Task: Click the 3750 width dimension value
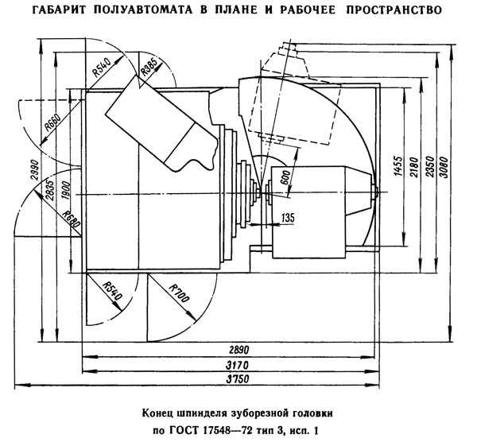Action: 238,379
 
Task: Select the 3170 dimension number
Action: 237,365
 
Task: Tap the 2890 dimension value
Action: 238,350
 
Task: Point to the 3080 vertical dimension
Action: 444,167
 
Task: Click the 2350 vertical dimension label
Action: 430,167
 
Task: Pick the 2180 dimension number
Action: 414,167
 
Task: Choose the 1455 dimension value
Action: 398,166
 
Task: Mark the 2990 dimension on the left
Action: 35,170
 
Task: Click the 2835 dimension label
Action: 51,190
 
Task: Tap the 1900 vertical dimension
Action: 65,190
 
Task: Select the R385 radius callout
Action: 149,67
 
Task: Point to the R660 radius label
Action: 52,122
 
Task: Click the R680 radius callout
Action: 72,219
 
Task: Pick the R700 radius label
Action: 179,293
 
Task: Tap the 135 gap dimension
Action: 288,218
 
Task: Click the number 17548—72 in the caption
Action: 227,431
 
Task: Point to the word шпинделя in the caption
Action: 203,413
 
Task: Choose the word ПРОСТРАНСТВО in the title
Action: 394,10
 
